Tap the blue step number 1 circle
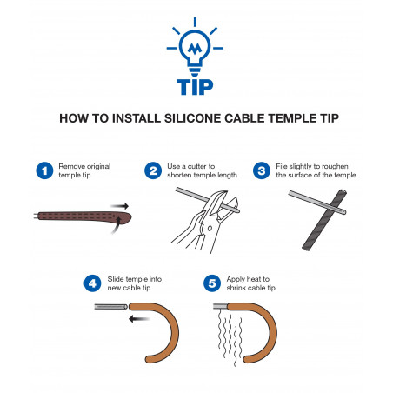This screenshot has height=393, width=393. [x=43, y=169]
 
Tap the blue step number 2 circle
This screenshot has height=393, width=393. [x=155, y=169]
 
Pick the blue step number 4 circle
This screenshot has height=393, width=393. [x=93, y=283]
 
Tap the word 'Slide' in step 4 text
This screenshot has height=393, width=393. [x=117, y=279]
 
